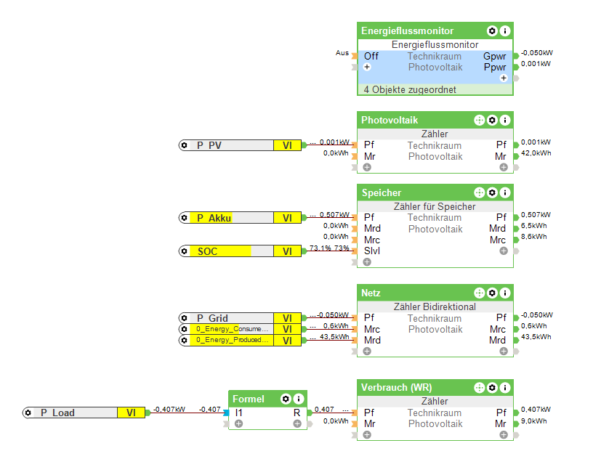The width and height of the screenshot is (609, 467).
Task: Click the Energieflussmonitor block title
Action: pyautogui.click(x=407, y=31)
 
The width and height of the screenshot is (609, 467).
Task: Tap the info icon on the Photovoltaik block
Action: pyautogui.click(x=505, y=120)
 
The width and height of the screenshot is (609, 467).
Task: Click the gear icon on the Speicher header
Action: pyautogui.click(x=492, y=192)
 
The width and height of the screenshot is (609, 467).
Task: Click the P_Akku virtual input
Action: pyautogui.click(x=214, y=218)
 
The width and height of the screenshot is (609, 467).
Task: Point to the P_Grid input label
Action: pyautogui.click(x=212, y=318)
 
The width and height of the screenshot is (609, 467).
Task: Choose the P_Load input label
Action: pyautogui.click(x=57, y=413)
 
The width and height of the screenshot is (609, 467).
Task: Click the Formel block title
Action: pyautogui.click(x=249, y=399)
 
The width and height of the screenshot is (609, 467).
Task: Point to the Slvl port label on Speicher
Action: pyautogui.click(x=372, y=251)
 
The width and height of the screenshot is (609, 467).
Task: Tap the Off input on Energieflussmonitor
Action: pyautogui.click(x=371, y=56)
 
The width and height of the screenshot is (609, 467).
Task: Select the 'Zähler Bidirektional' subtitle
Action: pyautogui.click(x=435, y=306)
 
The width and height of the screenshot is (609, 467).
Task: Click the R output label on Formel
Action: pyautogui.click(x=297, y=413)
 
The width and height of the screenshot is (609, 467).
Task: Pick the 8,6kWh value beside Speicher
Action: pyautogui.click(x=533, y=237)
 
